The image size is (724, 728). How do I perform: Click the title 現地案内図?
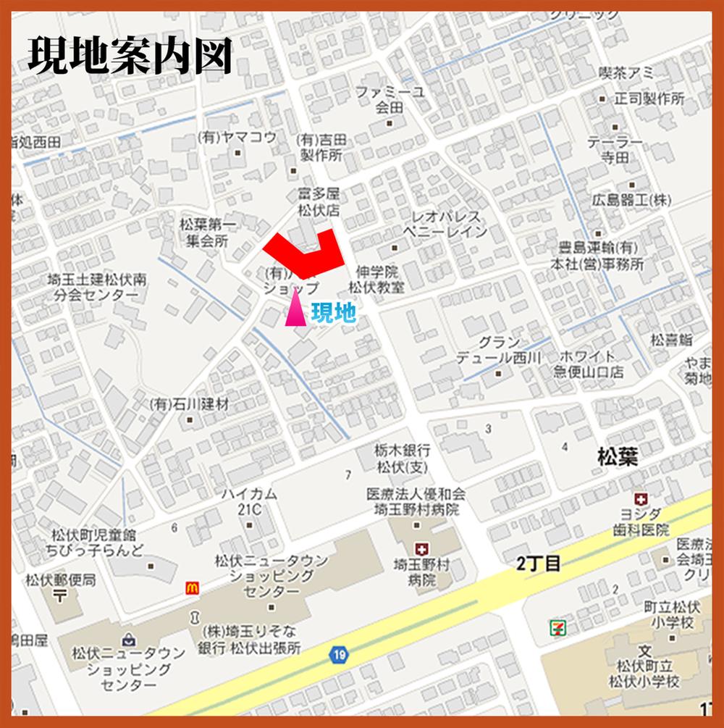coord(130,55)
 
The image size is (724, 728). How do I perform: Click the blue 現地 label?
coord(334,312)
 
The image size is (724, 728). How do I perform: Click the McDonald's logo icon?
coord(193,587)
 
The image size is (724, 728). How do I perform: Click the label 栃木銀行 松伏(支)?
coord(403,458)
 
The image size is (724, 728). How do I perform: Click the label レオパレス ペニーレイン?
coord(445,224)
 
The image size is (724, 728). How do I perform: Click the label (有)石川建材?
coord(189,404)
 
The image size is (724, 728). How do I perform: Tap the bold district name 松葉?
coord(618,456)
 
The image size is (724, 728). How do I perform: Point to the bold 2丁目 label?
coord(539,564)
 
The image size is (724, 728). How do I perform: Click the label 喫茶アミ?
coord(627,72)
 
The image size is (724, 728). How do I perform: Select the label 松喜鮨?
coord(671,339)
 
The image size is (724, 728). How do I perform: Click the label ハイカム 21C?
coord(248,501)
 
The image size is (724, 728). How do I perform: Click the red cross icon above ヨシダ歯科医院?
coord(641,498)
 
